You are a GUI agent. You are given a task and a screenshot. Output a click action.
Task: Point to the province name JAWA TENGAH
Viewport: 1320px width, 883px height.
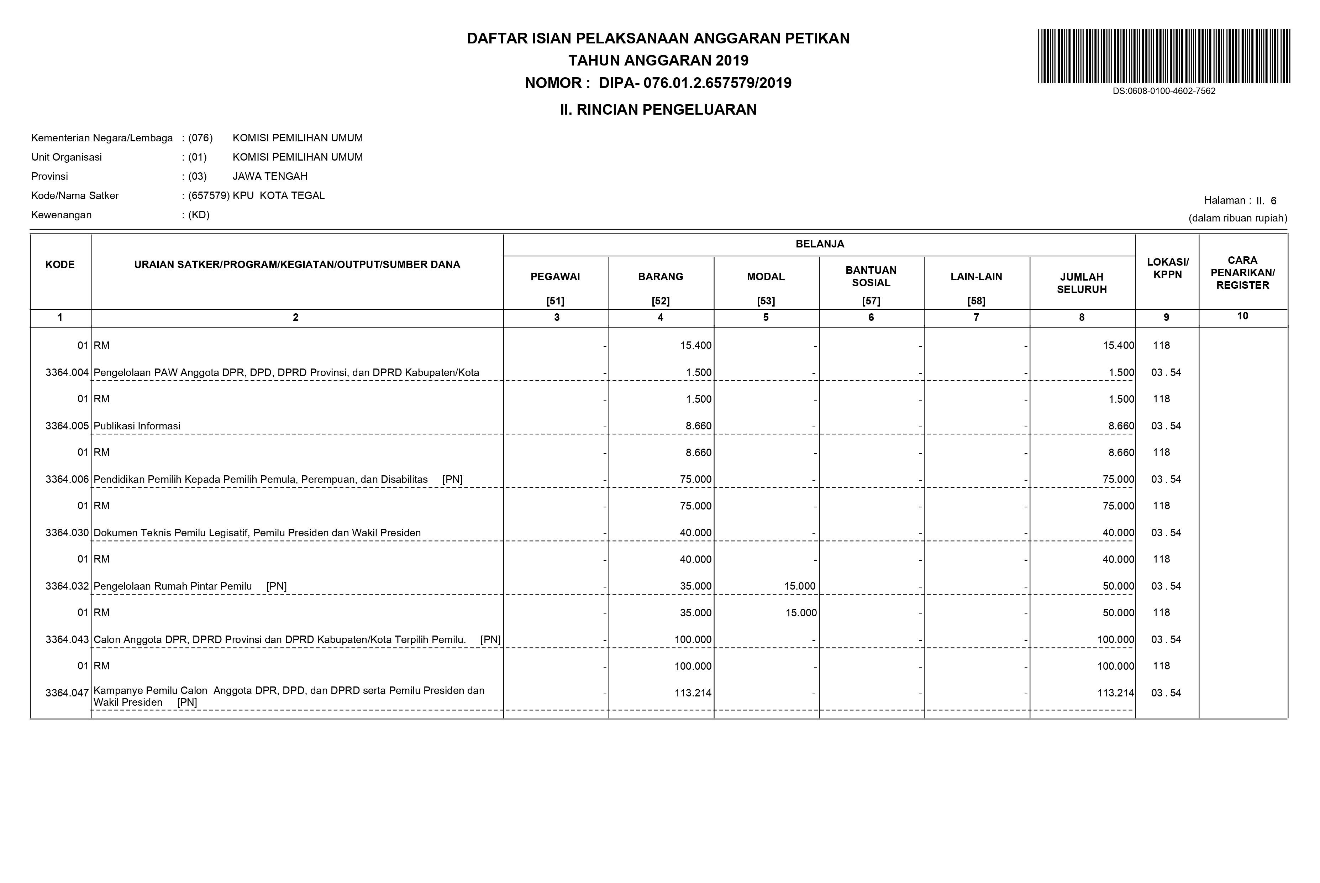pos(270,176)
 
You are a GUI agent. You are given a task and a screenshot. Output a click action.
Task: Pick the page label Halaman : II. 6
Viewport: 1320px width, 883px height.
pos(1240,200)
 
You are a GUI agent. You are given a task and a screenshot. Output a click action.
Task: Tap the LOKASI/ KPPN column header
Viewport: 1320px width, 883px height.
pos(1167,268)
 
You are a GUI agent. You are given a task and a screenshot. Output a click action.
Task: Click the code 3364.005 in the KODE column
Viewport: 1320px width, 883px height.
pos(67,426)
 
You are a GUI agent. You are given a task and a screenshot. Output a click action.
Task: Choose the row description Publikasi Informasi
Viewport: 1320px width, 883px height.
pos(137,426)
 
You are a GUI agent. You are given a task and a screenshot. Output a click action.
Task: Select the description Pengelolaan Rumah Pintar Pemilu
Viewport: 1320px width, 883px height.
pos(172,586)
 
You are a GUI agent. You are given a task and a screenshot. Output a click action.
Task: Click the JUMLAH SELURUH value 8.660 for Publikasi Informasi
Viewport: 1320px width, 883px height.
pos(1121,426)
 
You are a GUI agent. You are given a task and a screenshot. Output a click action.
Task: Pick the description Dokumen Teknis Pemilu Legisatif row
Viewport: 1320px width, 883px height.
pos(257,533)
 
